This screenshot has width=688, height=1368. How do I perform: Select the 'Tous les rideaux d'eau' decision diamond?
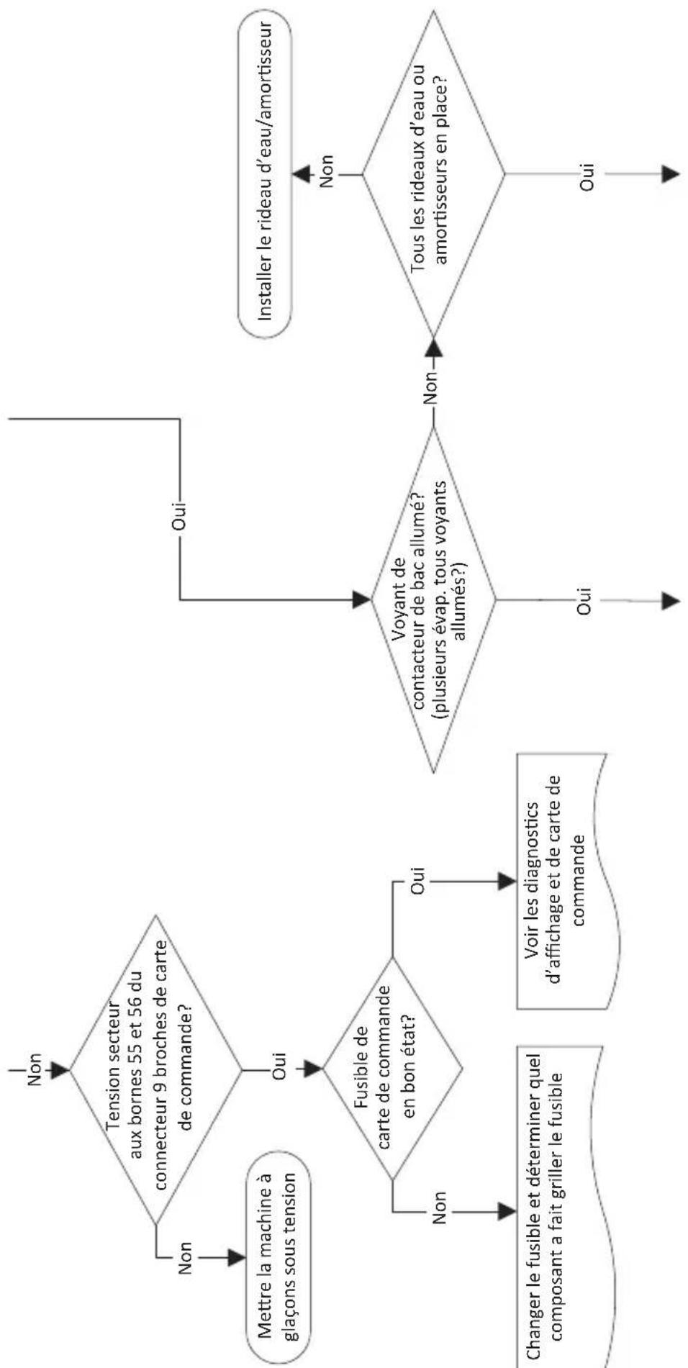point(433,174)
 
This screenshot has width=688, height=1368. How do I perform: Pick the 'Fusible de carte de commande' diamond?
point(392,1068)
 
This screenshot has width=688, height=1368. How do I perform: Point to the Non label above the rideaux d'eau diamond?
point(327,174)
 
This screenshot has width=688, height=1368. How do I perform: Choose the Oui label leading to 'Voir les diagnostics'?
point(420,881)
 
